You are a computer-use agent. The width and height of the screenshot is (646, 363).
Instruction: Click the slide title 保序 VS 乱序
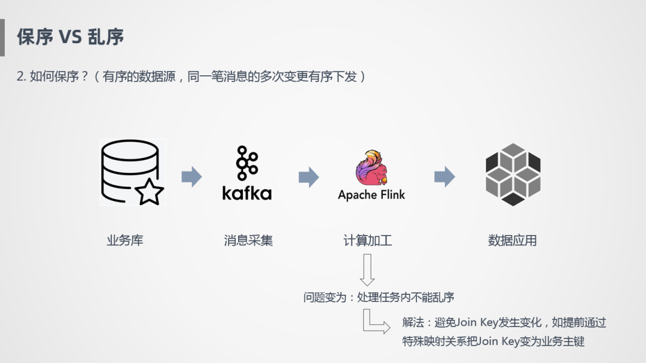click(70, 36)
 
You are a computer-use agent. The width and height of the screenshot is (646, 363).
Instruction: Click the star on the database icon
click(149, 193)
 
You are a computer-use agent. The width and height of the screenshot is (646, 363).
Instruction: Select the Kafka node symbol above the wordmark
click(246, 162)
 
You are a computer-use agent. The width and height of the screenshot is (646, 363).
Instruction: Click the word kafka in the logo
click(246, 193)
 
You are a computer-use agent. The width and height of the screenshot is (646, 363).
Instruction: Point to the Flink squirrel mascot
click(371, 167)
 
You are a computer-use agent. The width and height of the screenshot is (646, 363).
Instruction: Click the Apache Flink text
click(371, 195)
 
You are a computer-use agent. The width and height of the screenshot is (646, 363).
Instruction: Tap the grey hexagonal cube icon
click(513, 174)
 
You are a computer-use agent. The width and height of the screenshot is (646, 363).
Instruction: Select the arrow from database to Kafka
click(191, 176)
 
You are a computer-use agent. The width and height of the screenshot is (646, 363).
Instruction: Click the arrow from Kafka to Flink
click(309, 176)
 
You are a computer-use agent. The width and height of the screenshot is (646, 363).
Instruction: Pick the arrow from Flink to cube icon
click(444, 176)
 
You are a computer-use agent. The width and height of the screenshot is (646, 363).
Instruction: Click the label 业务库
click(125, 240)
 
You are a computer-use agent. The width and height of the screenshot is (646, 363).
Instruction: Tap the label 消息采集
click(248, 240)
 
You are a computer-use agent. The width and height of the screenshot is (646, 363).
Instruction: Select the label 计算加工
click(367, 240)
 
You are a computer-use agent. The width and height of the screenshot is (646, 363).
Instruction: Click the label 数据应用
click(513, 240)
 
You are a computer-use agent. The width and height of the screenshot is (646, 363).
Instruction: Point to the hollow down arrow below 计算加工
click(367, 270)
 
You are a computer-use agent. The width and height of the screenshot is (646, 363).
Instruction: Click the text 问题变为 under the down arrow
click(326, 297)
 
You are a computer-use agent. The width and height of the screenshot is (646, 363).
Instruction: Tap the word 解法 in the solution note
click(413, 323)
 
